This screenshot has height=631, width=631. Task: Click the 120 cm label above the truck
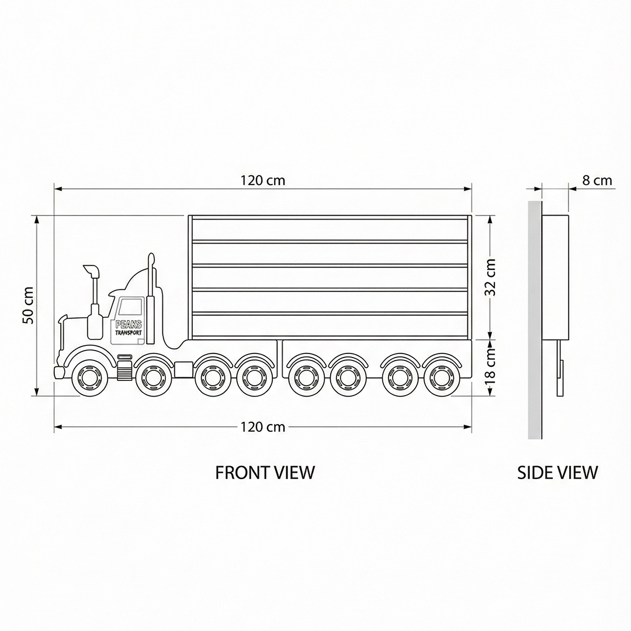[263, 181]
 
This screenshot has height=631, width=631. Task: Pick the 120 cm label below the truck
[263, 427]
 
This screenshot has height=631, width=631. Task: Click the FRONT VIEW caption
[265, 472]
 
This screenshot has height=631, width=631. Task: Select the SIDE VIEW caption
[557, 472]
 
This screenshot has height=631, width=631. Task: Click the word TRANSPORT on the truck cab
[129, 333]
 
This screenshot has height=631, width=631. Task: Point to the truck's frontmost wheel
[88, 377]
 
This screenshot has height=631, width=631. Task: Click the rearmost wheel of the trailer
[439, 377]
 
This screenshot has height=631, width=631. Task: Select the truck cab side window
[131, 307]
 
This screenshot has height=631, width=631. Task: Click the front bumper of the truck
[59, 372]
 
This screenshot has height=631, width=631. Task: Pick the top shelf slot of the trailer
[330, 229]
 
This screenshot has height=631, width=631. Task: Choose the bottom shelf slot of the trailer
[330, 325]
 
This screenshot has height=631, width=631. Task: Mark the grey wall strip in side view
[534, 320]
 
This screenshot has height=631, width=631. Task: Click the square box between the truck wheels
[183, 369]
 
